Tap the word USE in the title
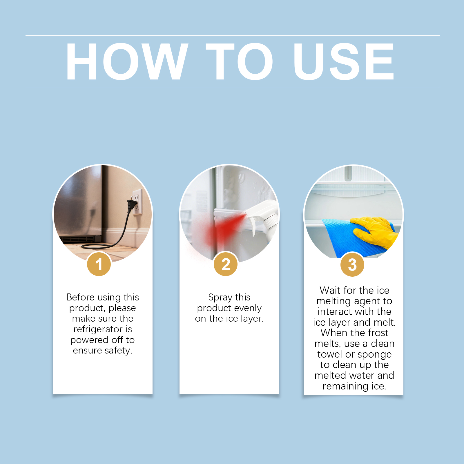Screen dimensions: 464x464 [344, 61]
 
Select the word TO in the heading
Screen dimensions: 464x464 [239, 61]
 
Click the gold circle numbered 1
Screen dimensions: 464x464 [99, 264]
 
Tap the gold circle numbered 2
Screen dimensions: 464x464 [226, 264]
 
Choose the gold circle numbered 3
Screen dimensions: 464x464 [352, 264]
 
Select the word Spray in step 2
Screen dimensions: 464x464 [220, 298]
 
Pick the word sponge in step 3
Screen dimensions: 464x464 [374, 355]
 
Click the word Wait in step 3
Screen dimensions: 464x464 [330, 290]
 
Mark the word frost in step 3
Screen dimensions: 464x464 [378, 333]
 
